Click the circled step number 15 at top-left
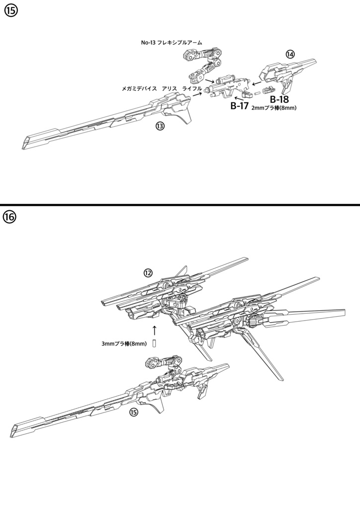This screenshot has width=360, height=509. pos(10,11)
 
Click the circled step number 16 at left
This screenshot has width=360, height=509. pos(10,217)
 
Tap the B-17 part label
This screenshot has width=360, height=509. pos(239,105)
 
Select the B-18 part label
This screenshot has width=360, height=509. pos(279,99)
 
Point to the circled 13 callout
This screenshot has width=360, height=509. pos(160,126)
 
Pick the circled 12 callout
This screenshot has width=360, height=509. pos(148,272)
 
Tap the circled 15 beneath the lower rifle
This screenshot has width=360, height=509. pos(133,412)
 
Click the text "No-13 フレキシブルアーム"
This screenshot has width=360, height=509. pos(172,43)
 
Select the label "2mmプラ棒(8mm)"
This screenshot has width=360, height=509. pos(274,107)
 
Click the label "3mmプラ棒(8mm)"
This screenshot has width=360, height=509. pos(124,343)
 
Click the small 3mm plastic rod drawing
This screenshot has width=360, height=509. pos(155,343)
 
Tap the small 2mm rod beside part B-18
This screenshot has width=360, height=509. pos(257,92)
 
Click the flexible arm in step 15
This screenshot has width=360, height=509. pos(203,63)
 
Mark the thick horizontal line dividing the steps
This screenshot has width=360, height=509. pos(180,205)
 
